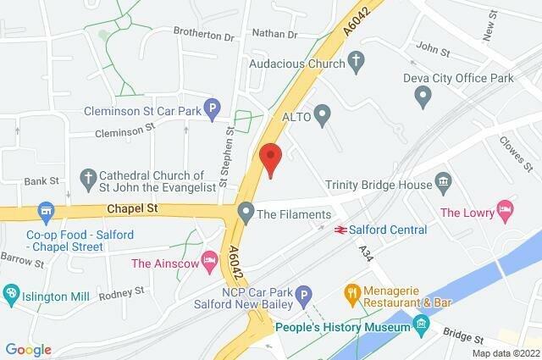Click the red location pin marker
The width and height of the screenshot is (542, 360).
270,158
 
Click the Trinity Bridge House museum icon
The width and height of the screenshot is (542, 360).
442,183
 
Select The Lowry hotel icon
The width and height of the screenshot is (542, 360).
506,208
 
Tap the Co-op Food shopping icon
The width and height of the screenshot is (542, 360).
45,209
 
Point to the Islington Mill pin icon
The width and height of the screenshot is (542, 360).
11,294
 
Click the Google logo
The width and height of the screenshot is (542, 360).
27,349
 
